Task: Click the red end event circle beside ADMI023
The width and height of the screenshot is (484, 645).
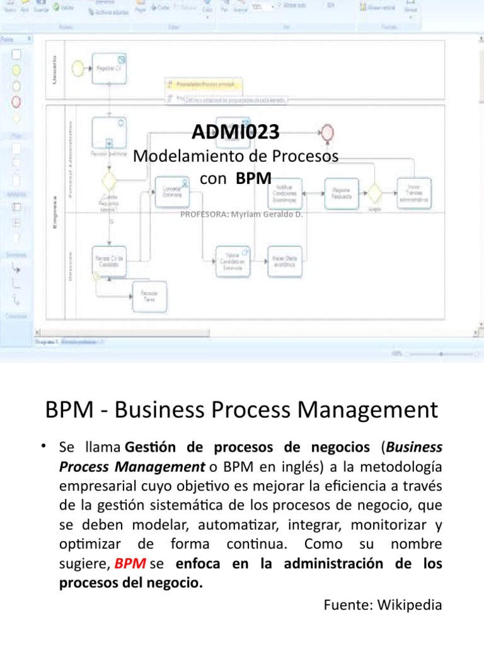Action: (327, 132)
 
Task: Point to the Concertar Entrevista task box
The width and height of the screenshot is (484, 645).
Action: (172, 191)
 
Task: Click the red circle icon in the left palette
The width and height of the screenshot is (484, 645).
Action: (17, 101)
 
